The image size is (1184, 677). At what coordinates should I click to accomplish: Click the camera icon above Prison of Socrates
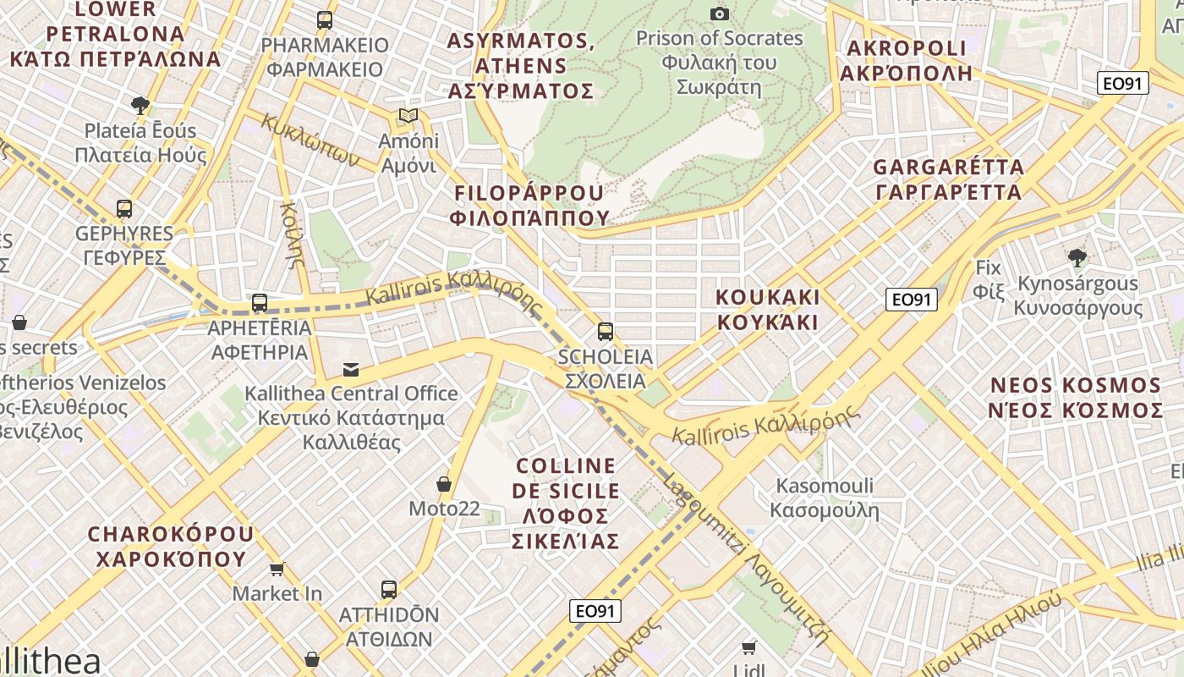[x=720, y=14]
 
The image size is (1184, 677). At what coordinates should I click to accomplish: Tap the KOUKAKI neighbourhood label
[x=767, y=309]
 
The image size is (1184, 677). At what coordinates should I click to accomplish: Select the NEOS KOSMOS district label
[x=1077, y=398]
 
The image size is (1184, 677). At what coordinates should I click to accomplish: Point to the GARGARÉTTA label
[x=948, y=179]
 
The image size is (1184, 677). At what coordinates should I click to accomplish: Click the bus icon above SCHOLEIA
[x=605, y=331]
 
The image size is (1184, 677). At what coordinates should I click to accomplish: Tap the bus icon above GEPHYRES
[x=124, y=208]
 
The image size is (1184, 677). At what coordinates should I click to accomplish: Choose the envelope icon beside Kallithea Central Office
[x=350, y=369]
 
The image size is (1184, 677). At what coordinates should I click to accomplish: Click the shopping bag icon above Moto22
[x=443, y=484]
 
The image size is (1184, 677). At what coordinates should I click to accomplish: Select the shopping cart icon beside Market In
[x=277, y=569]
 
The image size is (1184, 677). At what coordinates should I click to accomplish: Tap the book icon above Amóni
[x=408, y=115]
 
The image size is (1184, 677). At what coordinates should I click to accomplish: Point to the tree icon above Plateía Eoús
[x=140, y=106]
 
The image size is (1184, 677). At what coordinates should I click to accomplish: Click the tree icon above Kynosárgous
[x=1077, y=258]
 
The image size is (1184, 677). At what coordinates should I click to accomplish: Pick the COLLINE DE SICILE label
[x=566, y=503]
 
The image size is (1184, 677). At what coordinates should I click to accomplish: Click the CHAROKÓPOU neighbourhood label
[x=170, y=546]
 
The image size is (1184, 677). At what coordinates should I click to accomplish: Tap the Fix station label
[x=988, y=279]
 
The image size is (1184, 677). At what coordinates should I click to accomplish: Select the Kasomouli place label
[x=825, y=498]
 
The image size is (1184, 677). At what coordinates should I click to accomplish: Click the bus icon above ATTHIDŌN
[x=389, y=589]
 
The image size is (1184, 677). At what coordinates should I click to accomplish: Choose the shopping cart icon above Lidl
[x=748, y=648]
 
